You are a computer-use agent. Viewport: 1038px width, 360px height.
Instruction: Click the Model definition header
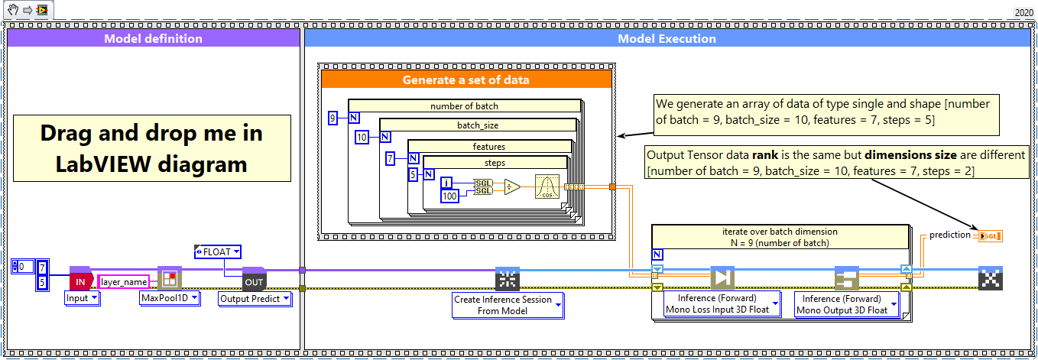[153, 38]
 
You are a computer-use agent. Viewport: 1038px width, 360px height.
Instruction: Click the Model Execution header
[667, 38]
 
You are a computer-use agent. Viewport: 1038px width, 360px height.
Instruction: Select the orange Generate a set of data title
[466, 79]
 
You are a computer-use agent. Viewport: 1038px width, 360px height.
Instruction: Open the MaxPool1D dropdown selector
[169, 298]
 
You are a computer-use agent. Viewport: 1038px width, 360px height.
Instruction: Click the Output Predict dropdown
[255, 299]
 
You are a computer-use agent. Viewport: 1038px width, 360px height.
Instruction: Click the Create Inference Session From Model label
[508, 304]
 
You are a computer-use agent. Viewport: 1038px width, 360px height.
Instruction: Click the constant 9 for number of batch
[332, 118]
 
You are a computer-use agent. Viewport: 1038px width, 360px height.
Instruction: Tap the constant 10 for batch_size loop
[362, 138]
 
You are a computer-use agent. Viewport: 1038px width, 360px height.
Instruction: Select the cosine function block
[547, 187]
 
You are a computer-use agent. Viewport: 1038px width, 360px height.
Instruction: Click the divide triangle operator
[513, 187]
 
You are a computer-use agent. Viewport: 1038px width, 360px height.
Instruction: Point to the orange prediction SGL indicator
[991, 235]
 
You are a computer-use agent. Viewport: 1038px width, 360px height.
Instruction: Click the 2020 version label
[1023, 12]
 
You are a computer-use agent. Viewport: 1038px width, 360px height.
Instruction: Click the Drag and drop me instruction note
[151, 148]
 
